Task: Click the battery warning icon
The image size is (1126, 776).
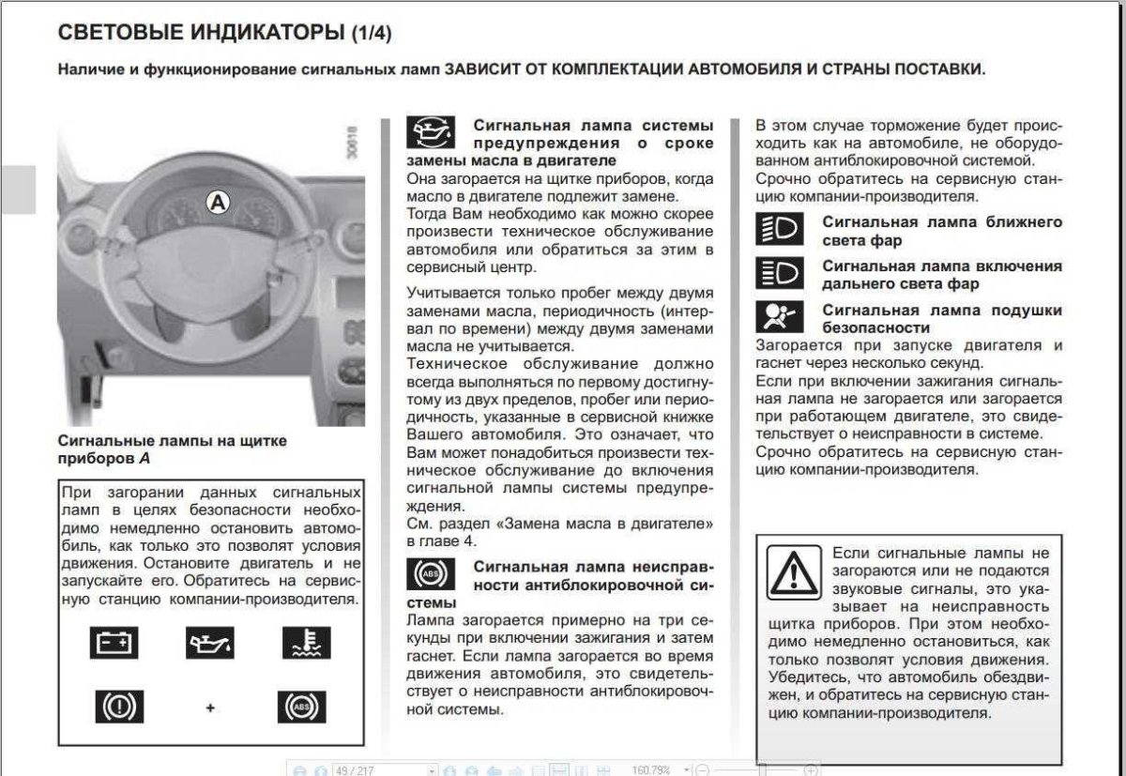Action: tap(114, 644)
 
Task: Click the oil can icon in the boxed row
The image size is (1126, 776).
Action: tap(209, 644)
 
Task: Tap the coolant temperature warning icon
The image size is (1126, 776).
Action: tap(306, 644)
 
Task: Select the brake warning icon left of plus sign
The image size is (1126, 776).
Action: tap(119, 706)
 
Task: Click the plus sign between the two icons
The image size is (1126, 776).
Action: tap(210, 707)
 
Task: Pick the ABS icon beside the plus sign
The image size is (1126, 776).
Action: tap(301, 706)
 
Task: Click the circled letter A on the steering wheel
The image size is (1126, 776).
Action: tap(218, 201)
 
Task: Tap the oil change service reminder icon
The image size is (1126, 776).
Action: tap(430, 133)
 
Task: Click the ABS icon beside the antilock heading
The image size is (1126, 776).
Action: tap(430, 574)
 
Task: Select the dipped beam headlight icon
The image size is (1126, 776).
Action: tap(779, 230)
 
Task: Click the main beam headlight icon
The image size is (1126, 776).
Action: tap(779, 273)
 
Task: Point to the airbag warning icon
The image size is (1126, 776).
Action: tap(779, 317)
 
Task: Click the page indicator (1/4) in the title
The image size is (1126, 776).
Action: tap(371, 34)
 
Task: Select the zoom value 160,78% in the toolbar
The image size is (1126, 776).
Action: tap(651, 769)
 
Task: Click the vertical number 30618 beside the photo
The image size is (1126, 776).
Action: tap(352, 143)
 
